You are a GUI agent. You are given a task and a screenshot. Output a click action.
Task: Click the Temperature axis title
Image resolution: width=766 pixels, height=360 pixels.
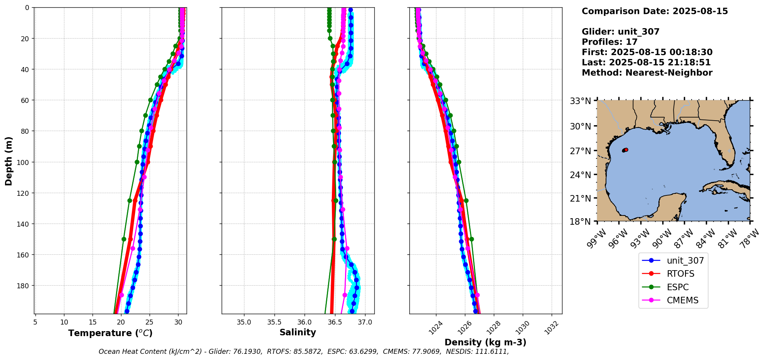click(x=110, y=333)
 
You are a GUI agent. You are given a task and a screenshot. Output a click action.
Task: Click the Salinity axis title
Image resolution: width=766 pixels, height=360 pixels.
click(x=298, y=333)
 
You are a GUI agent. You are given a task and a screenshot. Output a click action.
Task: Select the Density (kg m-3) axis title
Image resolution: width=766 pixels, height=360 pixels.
click(x=485, y=342)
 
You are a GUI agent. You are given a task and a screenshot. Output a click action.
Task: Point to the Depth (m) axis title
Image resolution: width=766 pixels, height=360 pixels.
click(x=8, y=161)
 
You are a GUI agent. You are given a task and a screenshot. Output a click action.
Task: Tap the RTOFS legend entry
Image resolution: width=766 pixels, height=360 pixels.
click(x=680, y=274)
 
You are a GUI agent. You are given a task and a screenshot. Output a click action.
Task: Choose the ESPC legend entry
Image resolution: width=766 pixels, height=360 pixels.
click(x=677, y=287)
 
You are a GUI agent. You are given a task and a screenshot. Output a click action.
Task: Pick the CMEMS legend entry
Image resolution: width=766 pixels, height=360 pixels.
click(x=682, y=300)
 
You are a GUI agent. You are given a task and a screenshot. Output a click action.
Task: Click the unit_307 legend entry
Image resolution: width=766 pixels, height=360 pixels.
click(x=685, y=261)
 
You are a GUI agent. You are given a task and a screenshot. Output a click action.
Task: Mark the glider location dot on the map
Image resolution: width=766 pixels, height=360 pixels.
click(x=626, y=150)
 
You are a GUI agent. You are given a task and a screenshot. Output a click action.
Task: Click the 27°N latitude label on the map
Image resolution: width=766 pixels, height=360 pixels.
click(x=581, y=151)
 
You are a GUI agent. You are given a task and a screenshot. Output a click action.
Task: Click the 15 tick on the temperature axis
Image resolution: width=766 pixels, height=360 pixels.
click(x=93, y=322)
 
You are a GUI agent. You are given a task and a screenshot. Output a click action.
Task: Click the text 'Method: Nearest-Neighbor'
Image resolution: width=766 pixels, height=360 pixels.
click(x=647, y=73)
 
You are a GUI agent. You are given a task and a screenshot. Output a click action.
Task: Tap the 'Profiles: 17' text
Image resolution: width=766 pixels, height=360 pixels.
click(x=609, y=42)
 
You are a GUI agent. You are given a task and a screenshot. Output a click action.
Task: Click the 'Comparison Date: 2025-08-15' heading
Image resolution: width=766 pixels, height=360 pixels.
click(x=655, y=11)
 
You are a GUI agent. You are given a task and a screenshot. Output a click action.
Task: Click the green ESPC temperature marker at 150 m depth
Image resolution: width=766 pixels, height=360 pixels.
click(x=124, y=239)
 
